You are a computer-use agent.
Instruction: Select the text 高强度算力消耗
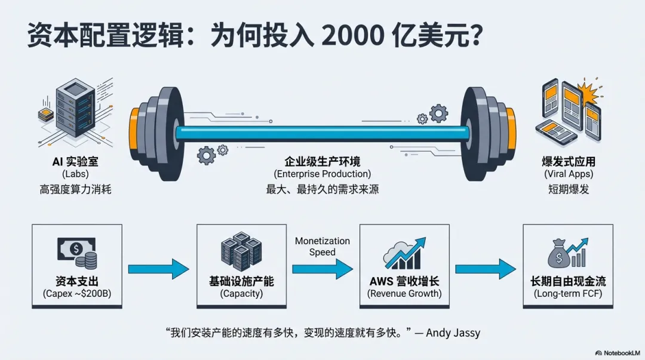click(x=76, y=189)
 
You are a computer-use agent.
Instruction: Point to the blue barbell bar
click(x=322, y=133)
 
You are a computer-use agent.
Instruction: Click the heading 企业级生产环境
click(x=322, y=161)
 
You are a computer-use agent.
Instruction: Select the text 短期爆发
click(x=569, y=189)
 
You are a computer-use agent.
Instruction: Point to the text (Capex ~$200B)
click(x=78, y=294)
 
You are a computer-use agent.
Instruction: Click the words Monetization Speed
click(x=322, y=246)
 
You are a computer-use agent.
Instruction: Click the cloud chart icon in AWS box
click(x=405, y=254)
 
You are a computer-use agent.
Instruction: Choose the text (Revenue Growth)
click(x=405, y=294)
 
